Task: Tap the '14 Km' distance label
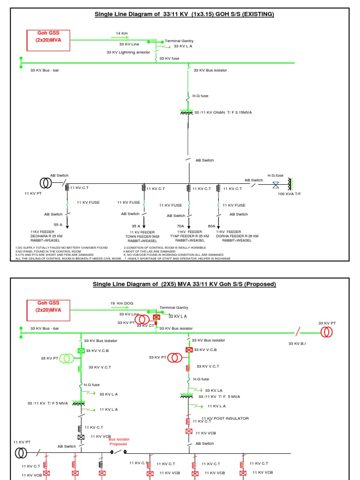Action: (x=122, y=33)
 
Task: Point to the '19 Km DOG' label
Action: (x=122, y=303)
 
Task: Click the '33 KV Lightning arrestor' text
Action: (x=130, y=52)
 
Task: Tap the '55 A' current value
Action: (x=58, y=225)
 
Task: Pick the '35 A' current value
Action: (x=136, y=225)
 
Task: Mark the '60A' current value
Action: (x=211, y=225)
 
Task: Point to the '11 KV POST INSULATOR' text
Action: (x=225, y=418)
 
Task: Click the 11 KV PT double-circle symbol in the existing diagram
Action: (x=45, y=182)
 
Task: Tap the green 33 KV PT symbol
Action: (x=67, y=359)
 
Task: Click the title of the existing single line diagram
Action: (x=184, y=14)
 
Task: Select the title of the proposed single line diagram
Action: (x=184, y=284)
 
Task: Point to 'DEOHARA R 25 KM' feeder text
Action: (x=46, y=236)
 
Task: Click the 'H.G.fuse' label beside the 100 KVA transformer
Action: (x=276, y=175)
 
